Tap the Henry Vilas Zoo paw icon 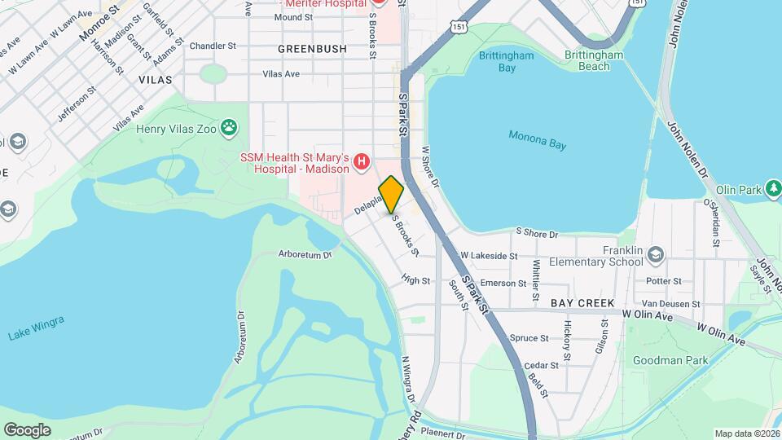coord(231,126)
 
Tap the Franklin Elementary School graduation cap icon coord(656,257)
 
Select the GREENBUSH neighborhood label coord(312,49)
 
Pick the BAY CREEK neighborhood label coord(582,303)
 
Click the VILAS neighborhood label coord(155,80)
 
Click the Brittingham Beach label coord(595,61)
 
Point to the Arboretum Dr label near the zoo coord(305,254)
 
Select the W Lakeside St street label coord(489,256)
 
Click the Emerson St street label coord(503,283)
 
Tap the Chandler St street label coord(212,46)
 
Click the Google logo coord(27,430)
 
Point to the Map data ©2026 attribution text coord(746,433)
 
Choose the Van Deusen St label coord(672,304)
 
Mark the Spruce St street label coord(529,338)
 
